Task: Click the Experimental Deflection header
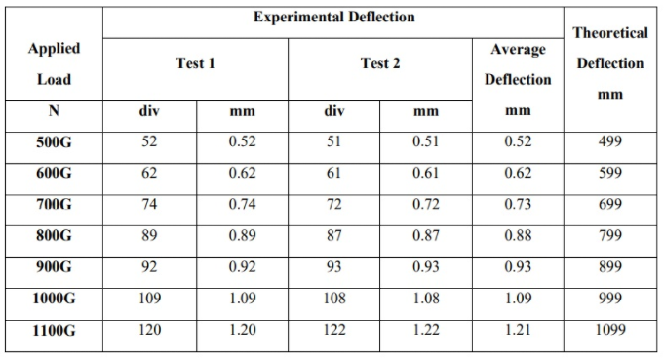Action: point(333,17)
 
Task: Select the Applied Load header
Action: point(55,63)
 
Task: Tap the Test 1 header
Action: point(195,63)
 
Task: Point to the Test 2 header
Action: point(379,63)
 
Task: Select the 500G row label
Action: point(55,141)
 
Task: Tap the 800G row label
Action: point(55,237)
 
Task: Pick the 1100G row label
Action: point(55,331)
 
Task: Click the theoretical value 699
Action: point(609,205)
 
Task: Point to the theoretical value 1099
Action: point(609,331)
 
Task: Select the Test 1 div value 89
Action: point(149,237)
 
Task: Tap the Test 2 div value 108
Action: point(333,300)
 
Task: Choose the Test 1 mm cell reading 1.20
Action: point(242,331)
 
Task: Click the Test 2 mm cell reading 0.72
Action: point(426,205)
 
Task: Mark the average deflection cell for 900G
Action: point(518,268)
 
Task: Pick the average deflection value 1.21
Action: point(518,331)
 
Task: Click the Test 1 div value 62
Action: point(149,174)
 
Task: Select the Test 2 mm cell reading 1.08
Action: point(426,300)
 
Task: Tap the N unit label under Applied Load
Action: point(55,111)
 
